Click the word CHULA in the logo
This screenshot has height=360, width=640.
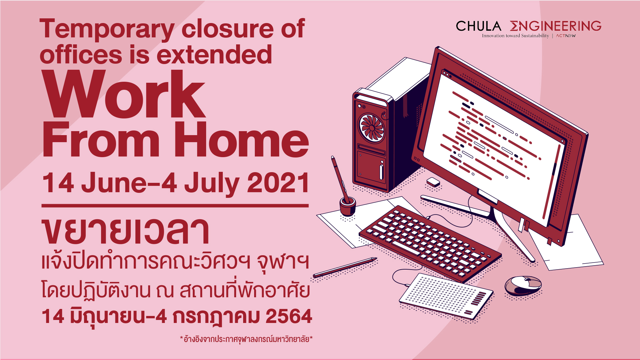(x=478, y=26)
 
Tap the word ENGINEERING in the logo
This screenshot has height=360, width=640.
(x=556, y=26)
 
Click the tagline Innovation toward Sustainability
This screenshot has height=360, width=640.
(x=515, y=36)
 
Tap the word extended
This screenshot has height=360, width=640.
(x=214, y=55)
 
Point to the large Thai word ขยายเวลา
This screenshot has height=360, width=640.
(x=126, y=231)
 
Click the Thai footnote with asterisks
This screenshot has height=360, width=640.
(x=246, y=339)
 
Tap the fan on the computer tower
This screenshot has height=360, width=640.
(x=372, y=128)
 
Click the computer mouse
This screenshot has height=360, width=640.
(x=523, y=286)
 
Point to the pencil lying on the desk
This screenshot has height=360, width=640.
(x=345, y=267)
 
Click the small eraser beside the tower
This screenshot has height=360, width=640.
(x=433, y=182)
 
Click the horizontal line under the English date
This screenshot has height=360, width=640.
(x=175, y=206)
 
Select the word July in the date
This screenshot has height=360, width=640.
(x=212, y=184)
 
